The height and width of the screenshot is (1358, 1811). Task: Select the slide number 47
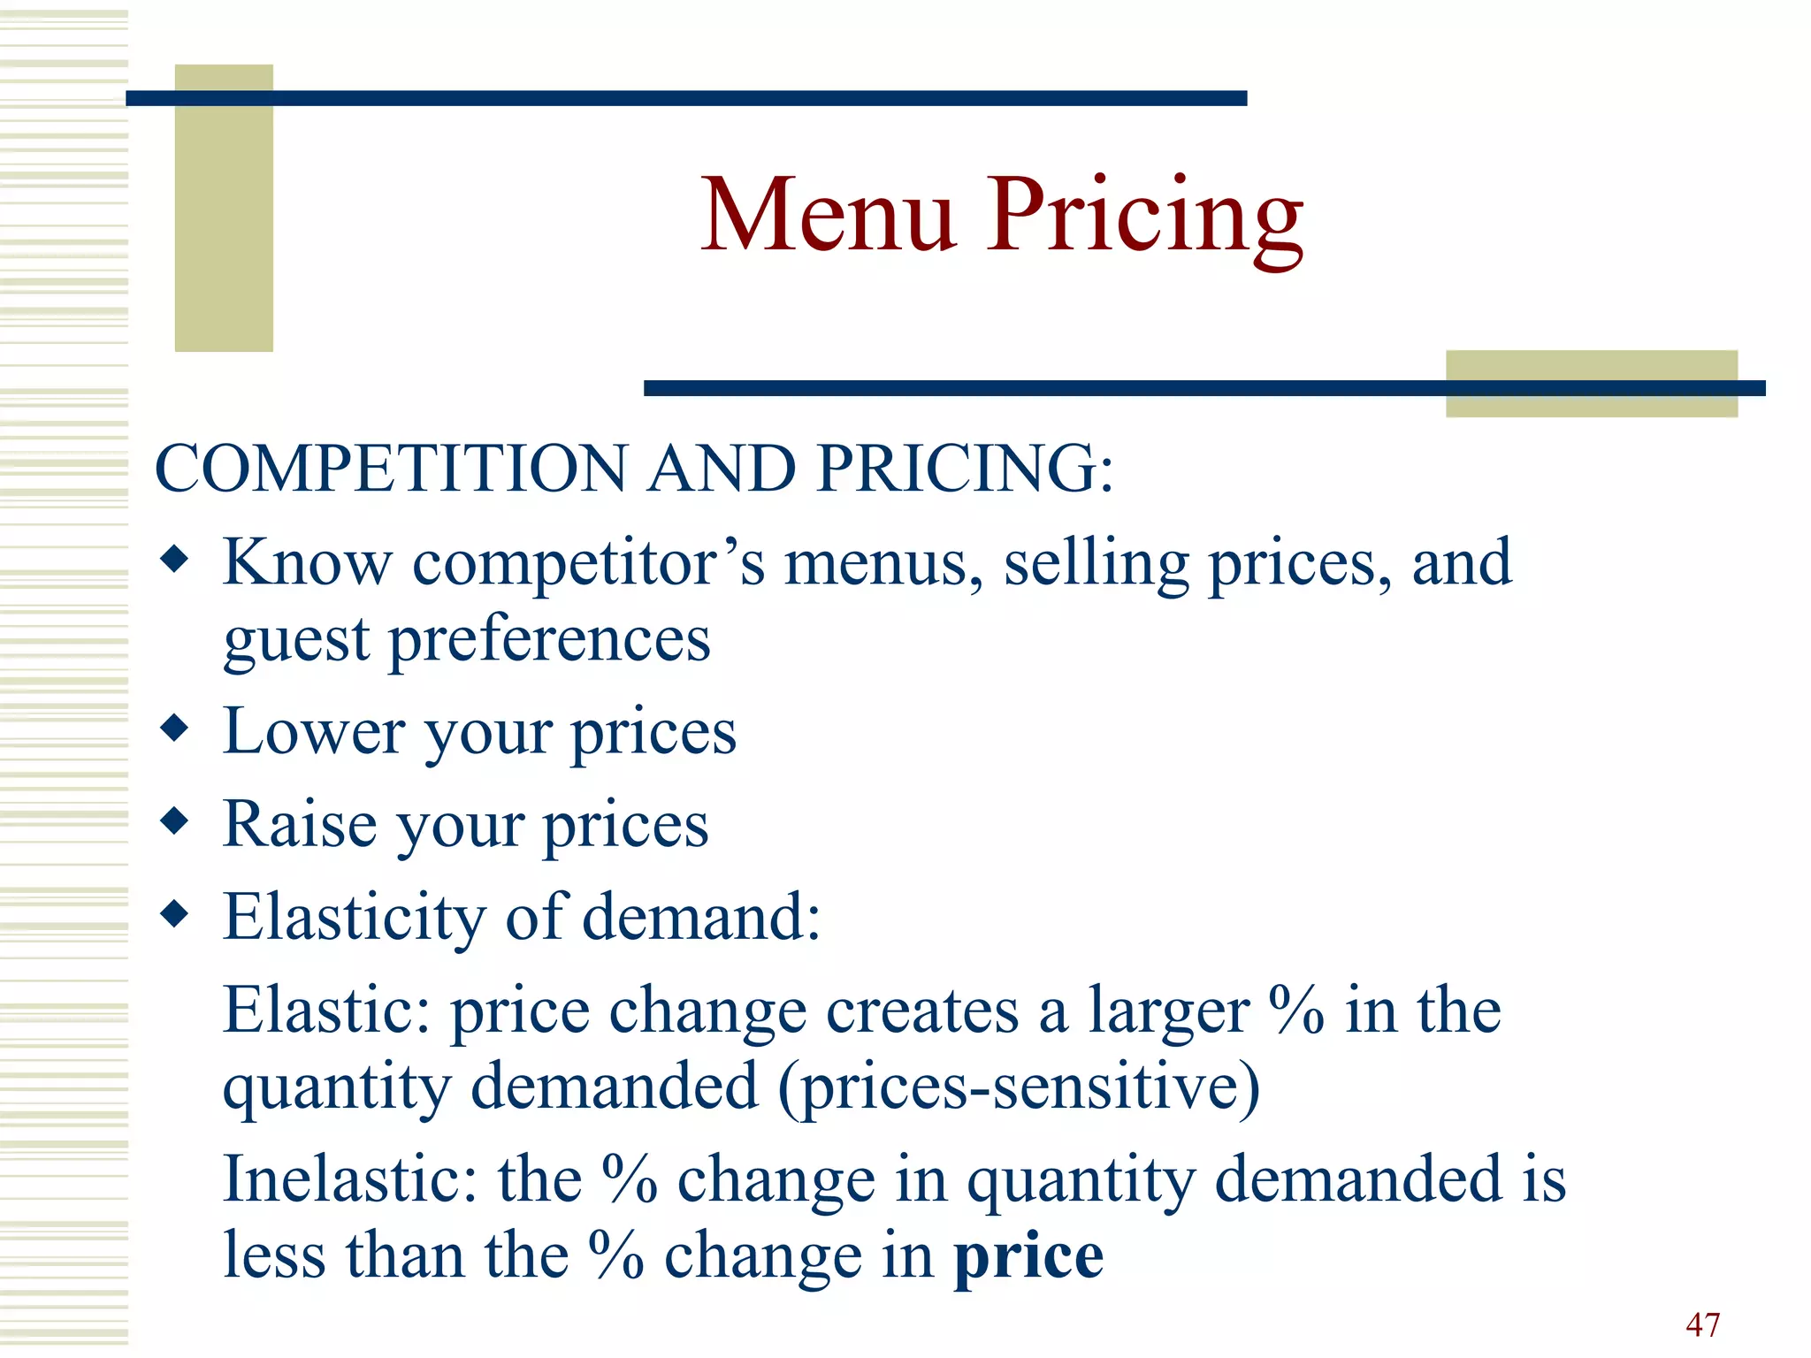click(1702, 1324)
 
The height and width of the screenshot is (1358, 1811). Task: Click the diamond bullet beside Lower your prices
click(175, 729)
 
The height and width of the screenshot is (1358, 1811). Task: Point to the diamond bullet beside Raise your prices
click(175, 821)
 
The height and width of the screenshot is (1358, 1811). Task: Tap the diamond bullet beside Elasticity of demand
click(175, 914)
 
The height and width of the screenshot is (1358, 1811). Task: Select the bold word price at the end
click(1028, 1255)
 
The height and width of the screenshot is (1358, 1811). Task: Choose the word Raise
click(301, 824)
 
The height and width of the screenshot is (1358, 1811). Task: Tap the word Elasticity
click(354, 918)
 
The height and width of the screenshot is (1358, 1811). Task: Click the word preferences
click(549, 640)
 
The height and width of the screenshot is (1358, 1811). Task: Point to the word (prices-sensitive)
click(1019, 1087)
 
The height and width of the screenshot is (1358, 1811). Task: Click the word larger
click(1168, 1011)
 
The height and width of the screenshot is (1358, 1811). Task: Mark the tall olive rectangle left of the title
click(224, 208)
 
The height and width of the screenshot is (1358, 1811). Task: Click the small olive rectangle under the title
click(1591, 384)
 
